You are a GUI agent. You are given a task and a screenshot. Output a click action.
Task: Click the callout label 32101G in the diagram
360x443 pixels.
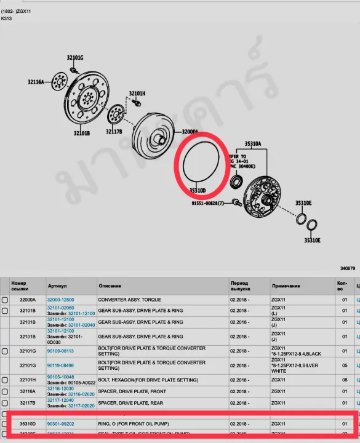pyautogui.click(x=75, y=57)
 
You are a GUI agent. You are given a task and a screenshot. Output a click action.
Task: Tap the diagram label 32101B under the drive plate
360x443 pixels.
pyautogui.click(x=82, y=133)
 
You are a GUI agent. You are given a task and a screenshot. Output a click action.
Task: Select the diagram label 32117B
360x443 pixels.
pyautogui.click(x=114, y=131)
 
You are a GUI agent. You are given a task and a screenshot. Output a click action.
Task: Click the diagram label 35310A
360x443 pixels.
pyautogui.click(x=252, y=143)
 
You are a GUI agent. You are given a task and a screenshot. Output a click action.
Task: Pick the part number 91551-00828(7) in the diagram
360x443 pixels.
pyautogui.click(x=212, y=203)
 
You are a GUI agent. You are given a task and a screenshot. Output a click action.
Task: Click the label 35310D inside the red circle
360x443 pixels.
pyautogui.click(x=198, y=191)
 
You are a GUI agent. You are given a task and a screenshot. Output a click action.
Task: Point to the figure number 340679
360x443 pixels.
pyautogui.click(x=348, y=268)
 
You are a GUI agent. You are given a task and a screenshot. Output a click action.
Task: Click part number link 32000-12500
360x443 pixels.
pyautogui.click(x=60, y=300)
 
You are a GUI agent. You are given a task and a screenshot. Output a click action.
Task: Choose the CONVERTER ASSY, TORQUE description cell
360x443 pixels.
pyautogui.click(x=126, y=300)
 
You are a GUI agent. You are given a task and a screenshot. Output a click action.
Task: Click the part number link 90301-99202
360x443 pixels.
pyautogui.click(x=60, y=424)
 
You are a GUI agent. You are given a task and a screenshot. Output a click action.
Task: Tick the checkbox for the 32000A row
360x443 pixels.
pyautogui.click(x=5, y=300)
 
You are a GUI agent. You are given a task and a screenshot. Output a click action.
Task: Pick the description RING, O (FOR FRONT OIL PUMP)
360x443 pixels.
pyautogui.click(x=138, y=424)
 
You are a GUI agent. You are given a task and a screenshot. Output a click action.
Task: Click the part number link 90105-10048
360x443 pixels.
pyautogui.click(x=60, y=377)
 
